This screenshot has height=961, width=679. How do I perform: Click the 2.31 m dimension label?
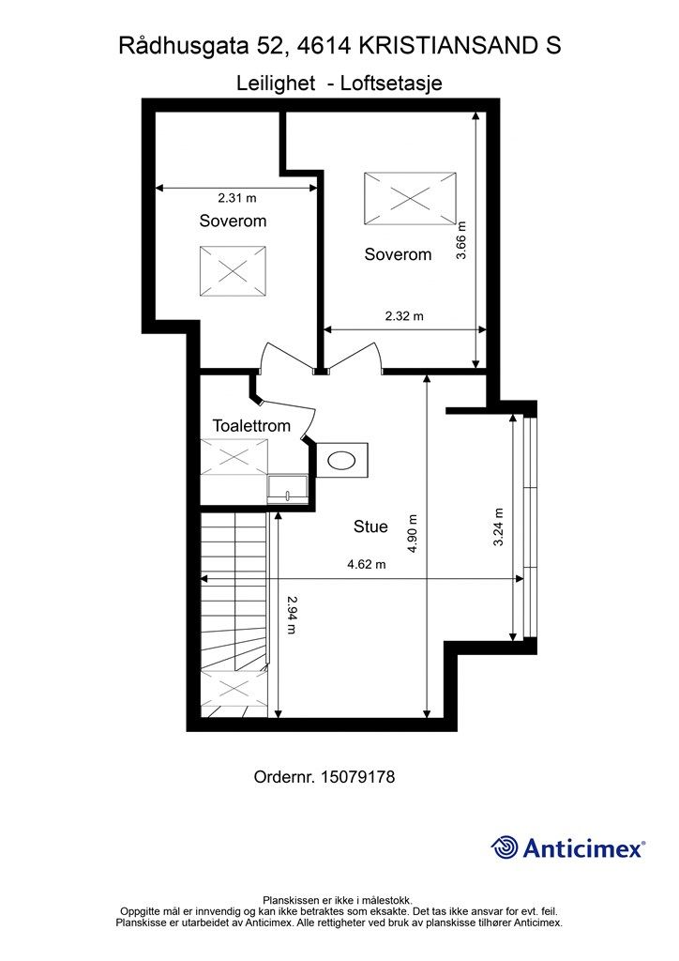click(236, 198)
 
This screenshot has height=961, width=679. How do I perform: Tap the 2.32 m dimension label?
click(403, 316)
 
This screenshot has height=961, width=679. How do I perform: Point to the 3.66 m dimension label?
click(460, 239)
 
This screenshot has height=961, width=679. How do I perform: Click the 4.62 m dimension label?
click(366, 564)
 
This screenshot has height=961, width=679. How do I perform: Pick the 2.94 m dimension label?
click(292, 616)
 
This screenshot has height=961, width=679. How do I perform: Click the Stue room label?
click(370, 526)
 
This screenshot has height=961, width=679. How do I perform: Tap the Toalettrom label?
click(251, 425)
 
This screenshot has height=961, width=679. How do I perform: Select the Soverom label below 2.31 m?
click(233, 221)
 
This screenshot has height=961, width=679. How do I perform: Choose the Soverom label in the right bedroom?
click(398, 253)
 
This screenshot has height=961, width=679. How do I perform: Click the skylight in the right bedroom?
click(410, 198)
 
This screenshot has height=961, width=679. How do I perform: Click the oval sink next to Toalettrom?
click(341, 460)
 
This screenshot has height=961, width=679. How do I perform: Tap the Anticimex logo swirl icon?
click(505, 847)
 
